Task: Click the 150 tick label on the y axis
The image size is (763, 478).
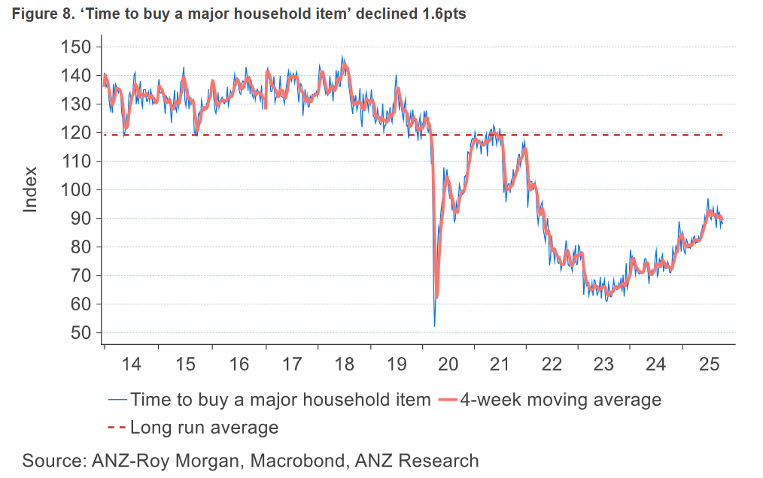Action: [x=74, y=47]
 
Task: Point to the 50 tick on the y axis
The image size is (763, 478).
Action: [x=78, y=333]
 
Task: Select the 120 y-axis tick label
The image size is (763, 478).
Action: [x=74, y=133]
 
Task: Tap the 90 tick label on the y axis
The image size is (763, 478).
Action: [x=78, y=219]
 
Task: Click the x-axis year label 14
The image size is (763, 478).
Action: [x=131, y=365]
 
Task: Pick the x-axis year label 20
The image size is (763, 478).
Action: [x=448, y=365]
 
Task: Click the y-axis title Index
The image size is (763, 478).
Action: [x=30, y=190]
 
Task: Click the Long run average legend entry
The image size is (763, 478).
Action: [x=204, y=428]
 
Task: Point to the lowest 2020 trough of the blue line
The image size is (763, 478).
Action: [x=434, y=325]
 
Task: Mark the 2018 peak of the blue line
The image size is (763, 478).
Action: [x=342, y=56]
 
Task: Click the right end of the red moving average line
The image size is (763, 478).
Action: [x=722, y=219]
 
